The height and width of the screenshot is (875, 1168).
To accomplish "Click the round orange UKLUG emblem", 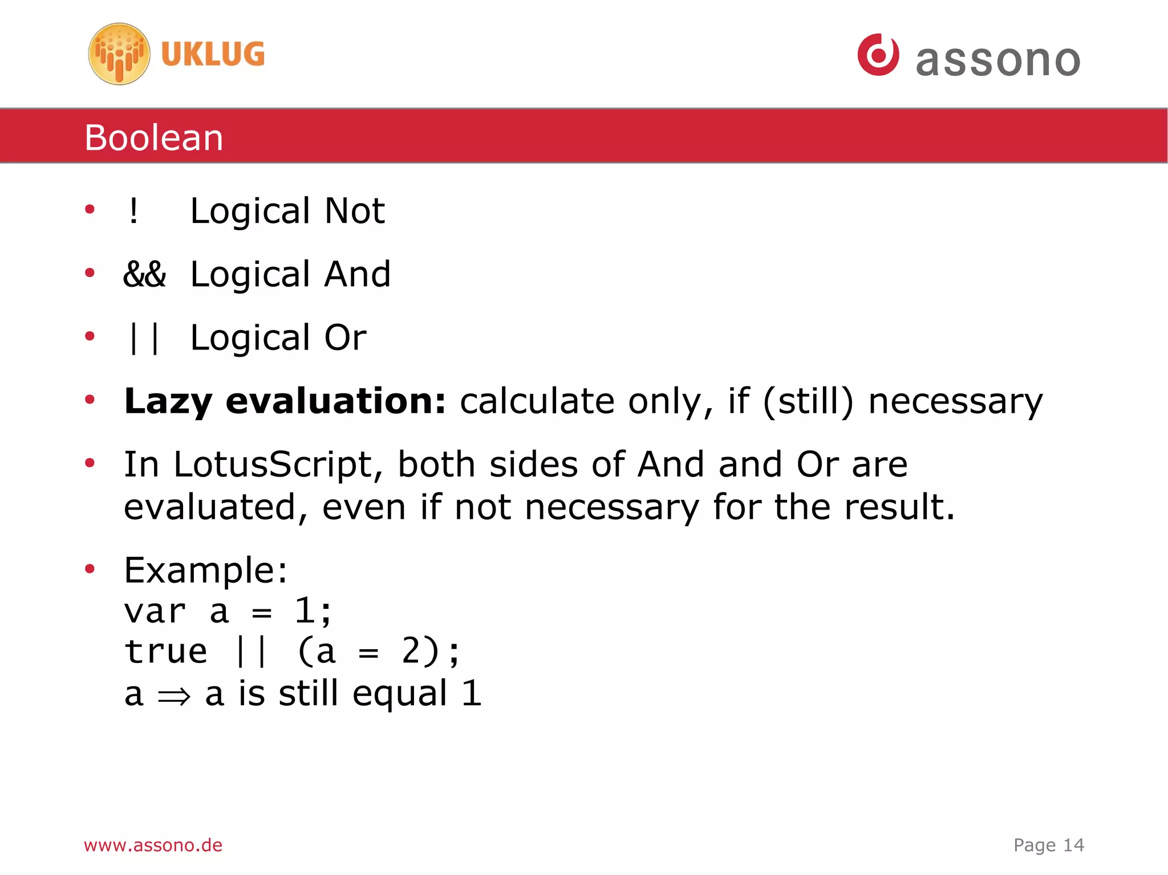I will coord(119,54).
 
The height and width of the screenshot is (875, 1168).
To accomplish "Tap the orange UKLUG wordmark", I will coord(213,54).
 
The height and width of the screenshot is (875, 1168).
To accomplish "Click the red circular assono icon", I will coord(878,55).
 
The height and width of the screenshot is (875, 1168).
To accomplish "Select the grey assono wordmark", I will coord(998,60).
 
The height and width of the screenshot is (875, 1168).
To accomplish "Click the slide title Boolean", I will coord(154,137).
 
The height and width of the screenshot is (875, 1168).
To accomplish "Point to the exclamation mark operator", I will coord(133,211).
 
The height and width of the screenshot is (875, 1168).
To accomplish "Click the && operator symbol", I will coord(145,274).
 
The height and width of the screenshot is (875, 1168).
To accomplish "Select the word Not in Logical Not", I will coord(354,211).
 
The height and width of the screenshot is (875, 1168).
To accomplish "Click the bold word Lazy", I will coord(168,401).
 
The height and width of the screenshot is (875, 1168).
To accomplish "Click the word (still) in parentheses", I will coord(808,401).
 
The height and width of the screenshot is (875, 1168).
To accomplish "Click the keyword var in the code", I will coord(155,612).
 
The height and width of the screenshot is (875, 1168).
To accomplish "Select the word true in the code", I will coord(166,652).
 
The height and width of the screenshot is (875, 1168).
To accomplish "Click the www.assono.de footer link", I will coord(153,845).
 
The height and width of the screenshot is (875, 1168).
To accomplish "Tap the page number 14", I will coord(1073,845).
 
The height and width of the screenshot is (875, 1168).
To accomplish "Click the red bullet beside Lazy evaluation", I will coord(90,400).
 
